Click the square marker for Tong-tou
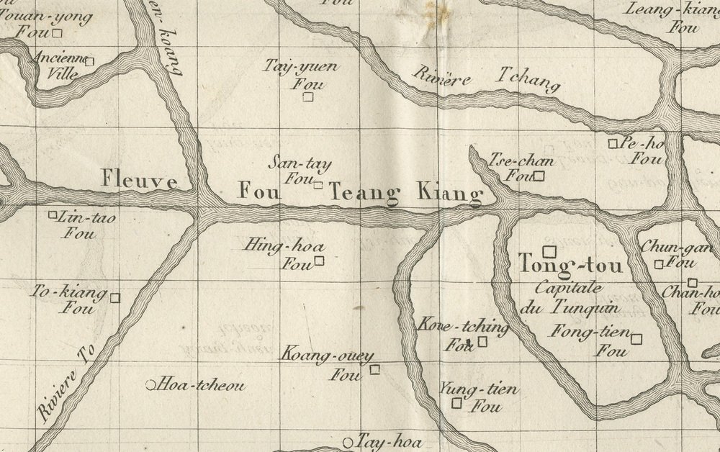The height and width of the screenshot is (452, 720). pos(549,251)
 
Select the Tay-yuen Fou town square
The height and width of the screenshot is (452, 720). pos(308,96)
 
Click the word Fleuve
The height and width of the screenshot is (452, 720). pos(139,179)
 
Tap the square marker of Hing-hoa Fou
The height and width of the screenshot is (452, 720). pos(319,261)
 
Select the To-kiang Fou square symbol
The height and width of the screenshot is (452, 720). pos(114,297)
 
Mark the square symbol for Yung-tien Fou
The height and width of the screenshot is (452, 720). pos(456,403)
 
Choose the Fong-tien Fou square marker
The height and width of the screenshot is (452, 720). pos(636,338)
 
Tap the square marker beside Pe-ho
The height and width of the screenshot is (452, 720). pos(613,143)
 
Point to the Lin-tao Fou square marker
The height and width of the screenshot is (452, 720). pos(53,214)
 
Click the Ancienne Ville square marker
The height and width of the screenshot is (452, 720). pos(89,61)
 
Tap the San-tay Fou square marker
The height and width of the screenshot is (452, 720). pos(318,185)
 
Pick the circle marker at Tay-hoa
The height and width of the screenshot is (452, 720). pos(348,442)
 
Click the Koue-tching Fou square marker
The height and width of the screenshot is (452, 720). pos(482,341)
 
